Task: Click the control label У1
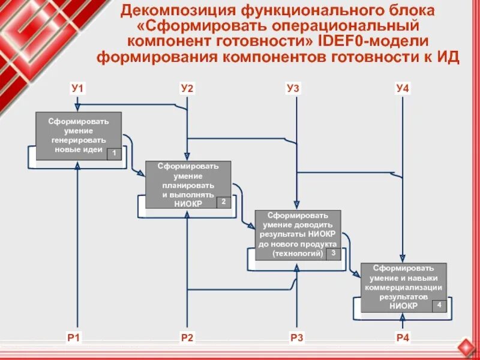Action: tap(78, 89)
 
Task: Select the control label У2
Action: tap(187, 89)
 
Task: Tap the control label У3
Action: tap(293, 89)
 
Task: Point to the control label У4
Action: tap(403, 89)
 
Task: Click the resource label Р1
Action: tap(73, 338)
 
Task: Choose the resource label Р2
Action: tap(187, 338)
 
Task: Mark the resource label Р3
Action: tap(296, 338)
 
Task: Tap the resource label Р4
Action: tap(403, 338)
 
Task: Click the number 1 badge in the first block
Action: tap(113, 154)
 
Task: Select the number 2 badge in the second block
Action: tap(223, 202)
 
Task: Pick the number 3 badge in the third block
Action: tap(333, 253)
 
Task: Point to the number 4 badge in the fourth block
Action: tap(439, 305)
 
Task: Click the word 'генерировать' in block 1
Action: tap(79, 140)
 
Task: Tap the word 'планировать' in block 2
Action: tap(188, 185)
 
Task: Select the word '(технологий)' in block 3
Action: tap(298, 254)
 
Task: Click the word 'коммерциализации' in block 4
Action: tap(403, 287)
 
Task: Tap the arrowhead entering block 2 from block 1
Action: tap(142, 173)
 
